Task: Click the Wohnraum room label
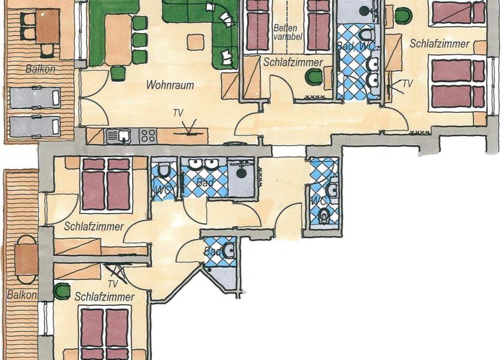tap(170, 85)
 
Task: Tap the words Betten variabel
tap(287, 32)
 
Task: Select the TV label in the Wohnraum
tap(178, 113)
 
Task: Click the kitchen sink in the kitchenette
tap(118, 136)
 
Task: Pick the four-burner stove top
tap(148, 136)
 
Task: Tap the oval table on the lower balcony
tap(26, 259)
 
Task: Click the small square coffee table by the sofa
tap(196, 42)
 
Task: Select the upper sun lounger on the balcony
tap(35, 97)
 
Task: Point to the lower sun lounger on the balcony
tap(35, 127)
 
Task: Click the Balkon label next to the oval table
tap(22, 295)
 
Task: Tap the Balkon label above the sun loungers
tap(41, 69)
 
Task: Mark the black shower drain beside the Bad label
tap(241, 173)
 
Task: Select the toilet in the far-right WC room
tap(324, 214)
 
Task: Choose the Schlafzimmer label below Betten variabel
tap(293, 62)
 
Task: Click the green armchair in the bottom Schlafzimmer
tap(62, 292)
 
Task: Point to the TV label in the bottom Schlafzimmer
tap(113, 284)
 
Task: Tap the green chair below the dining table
tap(118, 73)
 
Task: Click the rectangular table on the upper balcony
tap(47, 26)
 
